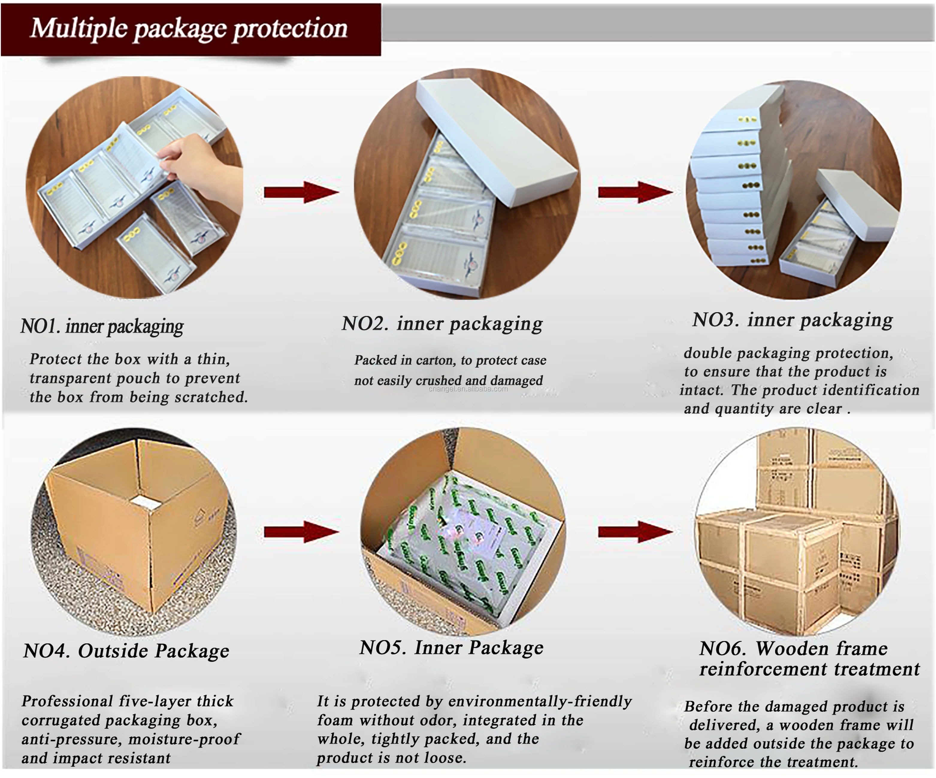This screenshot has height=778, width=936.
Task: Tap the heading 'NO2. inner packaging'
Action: (x=442, y=323)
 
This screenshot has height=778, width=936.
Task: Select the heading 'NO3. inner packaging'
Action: (x=793, y=320)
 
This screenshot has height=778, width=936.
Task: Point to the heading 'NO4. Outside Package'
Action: (x=126, y=651)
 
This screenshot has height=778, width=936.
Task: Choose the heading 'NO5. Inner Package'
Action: (x=451, y=647)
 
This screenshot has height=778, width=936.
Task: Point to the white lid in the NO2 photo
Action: (x=495, y=138)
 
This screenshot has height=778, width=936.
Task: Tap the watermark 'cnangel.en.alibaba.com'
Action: (x=468, y=389)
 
